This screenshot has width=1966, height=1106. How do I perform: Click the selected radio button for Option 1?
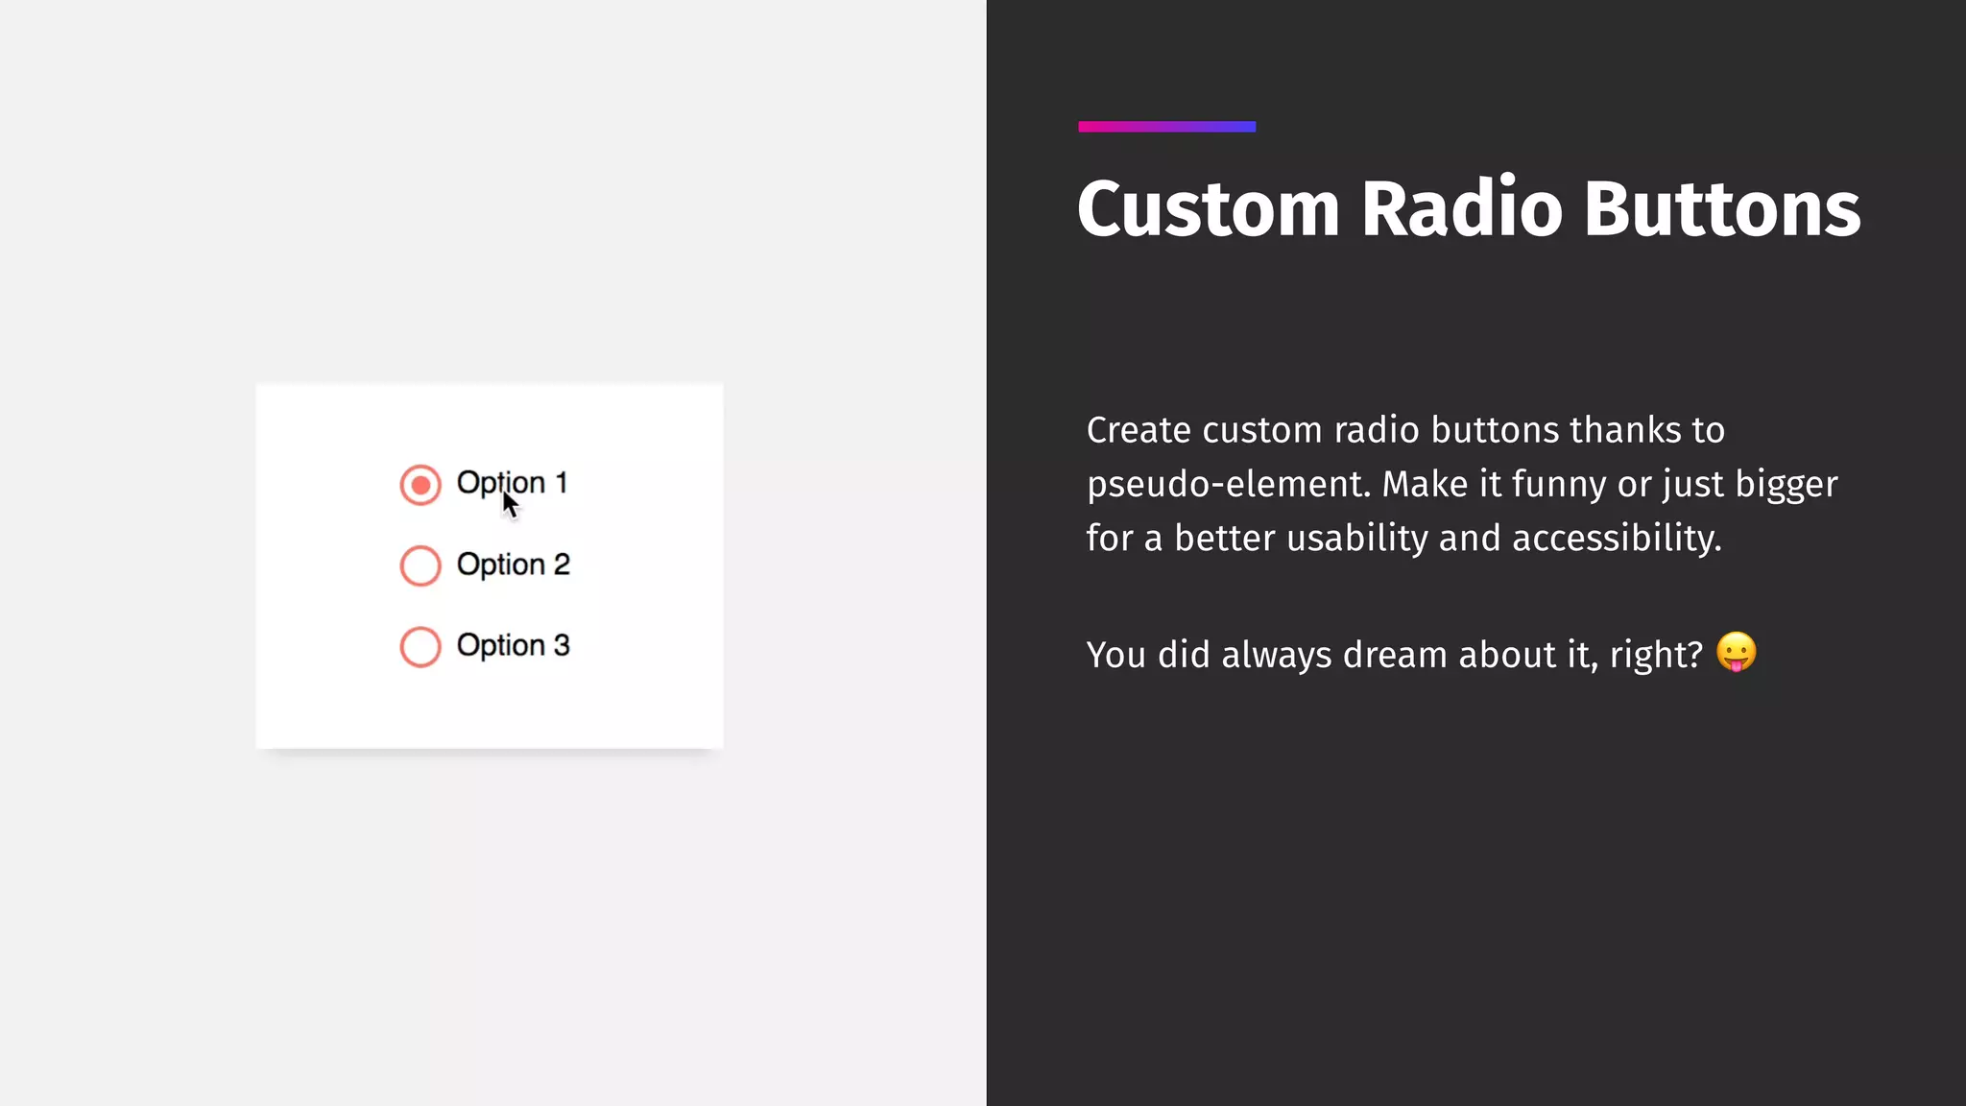tap(420, 485)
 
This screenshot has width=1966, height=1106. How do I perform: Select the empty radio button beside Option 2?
tap(420, 565)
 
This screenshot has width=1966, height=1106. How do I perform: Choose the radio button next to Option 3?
tap(420, 646)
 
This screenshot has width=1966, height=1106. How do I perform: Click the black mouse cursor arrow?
tap(510, 504)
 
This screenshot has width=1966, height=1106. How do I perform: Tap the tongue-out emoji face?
tap(1736, 653)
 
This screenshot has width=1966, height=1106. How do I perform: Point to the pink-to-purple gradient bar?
tap(1166, 127)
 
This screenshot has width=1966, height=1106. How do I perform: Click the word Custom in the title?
tap(1208, 209)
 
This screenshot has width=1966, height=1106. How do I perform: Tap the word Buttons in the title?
tap(1722, 209)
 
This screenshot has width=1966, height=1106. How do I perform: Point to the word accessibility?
tap(1617, 539)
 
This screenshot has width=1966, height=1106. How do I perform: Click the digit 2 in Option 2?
tap(562, 565)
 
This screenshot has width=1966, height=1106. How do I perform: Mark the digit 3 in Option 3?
tap(562, 645)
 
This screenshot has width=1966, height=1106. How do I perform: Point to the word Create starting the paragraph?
tap(1139, 431)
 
